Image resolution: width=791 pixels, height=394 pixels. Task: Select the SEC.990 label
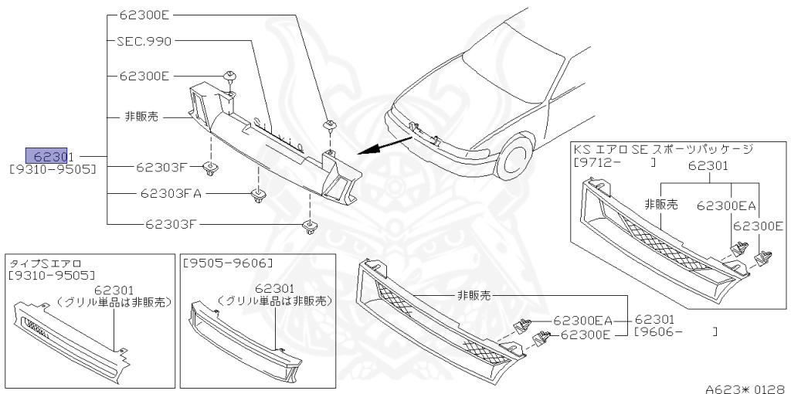click(x=144, y=41)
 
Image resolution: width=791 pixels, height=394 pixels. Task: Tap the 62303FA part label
click(x=171, y=193)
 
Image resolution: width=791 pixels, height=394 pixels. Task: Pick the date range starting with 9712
click(x=614, y=162)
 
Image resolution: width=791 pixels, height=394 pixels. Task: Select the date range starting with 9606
click(x=676, y=332)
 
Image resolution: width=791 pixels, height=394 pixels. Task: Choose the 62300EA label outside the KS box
click(x=582, y=320)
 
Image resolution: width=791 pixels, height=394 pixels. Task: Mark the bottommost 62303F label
click(x=172, y=224)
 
